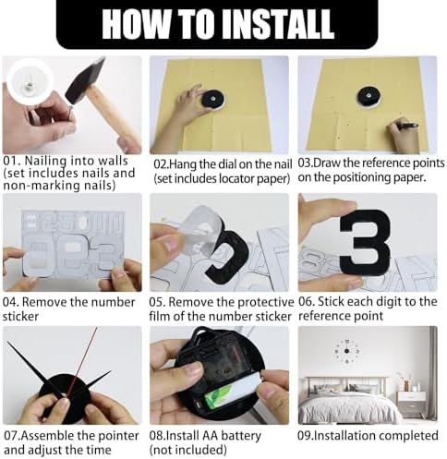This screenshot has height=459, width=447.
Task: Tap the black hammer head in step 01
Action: coord(85,80)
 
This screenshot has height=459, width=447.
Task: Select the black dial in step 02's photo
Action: coord(213,99)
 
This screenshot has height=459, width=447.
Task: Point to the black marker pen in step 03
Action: coord(407,126)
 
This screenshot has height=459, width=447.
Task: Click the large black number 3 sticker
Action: coord(366,239)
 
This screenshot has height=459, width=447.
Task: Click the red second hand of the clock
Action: coord(81,363)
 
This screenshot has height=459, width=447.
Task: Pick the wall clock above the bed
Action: coord(347,351)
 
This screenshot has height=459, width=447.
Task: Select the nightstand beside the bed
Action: coord(412,404)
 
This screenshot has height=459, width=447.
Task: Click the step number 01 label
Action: coord(12,161)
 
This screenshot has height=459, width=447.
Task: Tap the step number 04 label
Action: coord(11,302)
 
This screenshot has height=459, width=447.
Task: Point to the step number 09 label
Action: coord(306,436)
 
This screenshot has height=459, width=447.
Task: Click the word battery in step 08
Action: coord(241,436)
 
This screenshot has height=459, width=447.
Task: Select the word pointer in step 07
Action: coord(117,436)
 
